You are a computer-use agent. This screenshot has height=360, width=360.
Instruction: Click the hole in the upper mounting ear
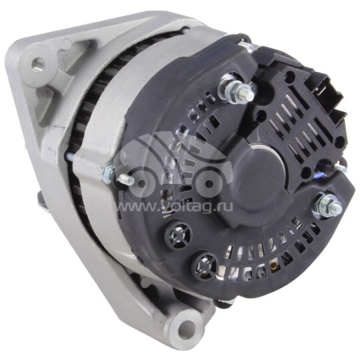(x=38, y=64)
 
